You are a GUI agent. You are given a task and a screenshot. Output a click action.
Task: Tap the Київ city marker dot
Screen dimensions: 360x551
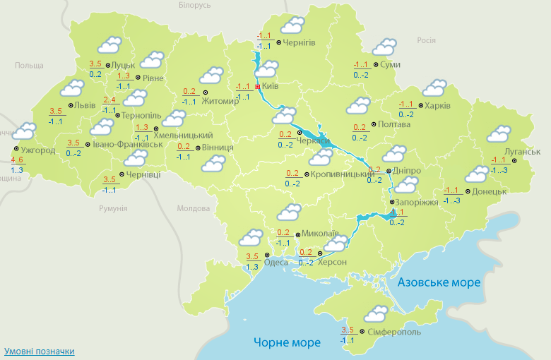coord(258,87)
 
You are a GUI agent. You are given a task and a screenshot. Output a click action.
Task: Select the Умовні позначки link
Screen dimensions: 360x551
coord(39,351)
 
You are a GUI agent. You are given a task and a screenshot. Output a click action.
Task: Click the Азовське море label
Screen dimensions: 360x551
coord(439,282)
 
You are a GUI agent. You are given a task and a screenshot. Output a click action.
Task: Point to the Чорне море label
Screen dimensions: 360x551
coord(287,342)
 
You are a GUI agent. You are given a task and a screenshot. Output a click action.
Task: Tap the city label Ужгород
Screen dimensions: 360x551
coord(38,150)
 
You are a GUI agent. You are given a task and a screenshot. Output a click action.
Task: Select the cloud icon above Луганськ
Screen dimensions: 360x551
coord(498,133)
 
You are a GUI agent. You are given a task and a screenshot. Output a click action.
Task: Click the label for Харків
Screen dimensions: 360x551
coord(437,107)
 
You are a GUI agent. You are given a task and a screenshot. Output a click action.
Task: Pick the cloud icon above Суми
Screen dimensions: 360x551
coord(384,47)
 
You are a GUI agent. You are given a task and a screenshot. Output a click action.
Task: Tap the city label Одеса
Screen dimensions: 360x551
coord(276,262)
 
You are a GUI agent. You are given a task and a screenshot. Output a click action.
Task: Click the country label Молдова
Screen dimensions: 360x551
coord(194,209)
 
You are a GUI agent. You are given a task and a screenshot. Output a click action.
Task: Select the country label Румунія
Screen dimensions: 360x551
coord(113,208)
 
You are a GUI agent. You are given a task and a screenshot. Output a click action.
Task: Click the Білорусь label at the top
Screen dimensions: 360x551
coord(195,6)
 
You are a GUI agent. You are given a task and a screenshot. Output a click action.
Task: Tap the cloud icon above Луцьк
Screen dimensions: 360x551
coord(109,47)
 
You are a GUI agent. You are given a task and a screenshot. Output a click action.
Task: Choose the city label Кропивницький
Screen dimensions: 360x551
coord(343,174)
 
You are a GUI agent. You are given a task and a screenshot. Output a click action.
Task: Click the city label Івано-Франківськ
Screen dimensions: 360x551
coord(128,145)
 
